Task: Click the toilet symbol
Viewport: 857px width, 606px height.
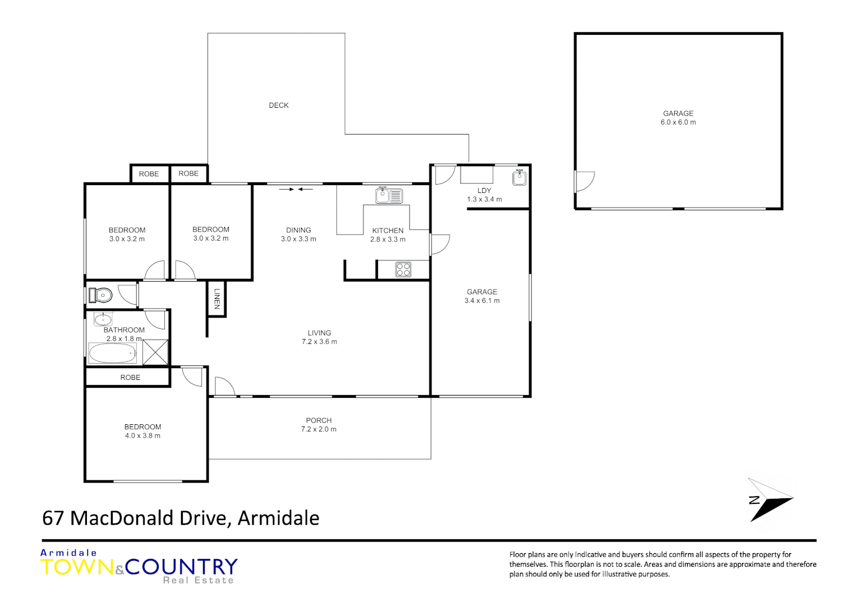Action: coord(102,295)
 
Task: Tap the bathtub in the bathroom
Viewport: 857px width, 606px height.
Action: coord(113,353)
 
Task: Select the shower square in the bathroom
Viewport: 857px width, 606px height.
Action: coord(155,352)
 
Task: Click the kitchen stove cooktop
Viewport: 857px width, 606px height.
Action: coord(403,269)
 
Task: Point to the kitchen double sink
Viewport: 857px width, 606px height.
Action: coord(389,196)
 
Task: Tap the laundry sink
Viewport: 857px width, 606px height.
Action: coord(519,178)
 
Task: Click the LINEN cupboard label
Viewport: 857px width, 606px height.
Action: coord(217,299)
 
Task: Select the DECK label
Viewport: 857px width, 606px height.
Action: coord(279,105)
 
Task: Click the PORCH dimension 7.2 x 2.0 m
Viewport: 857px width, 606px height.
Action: coord(319,429)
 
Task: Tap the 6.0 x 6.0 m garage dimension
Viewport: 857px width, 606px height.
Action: coord(678,122)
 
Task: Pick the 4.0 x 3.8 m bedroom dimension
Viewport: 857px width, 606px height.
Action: coord(142,436)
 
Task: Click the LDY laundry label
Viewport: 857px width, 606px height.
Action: coord(484,191)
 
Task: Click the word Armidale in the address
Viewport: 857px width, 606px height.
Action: coord(278,518)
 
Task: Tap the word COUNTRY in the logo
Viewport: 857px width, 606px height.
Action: coord(182,567)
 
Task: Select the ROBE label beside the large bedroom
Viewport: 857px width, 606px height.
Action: coord(130,378)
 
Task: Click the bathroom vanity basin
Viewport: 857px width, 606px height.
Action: coord(103,320)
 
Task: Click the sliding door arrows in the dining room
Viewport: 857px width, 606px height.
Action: coord(296,190)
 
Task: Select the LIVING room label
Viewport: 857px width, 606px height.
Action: coord(319,333)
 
